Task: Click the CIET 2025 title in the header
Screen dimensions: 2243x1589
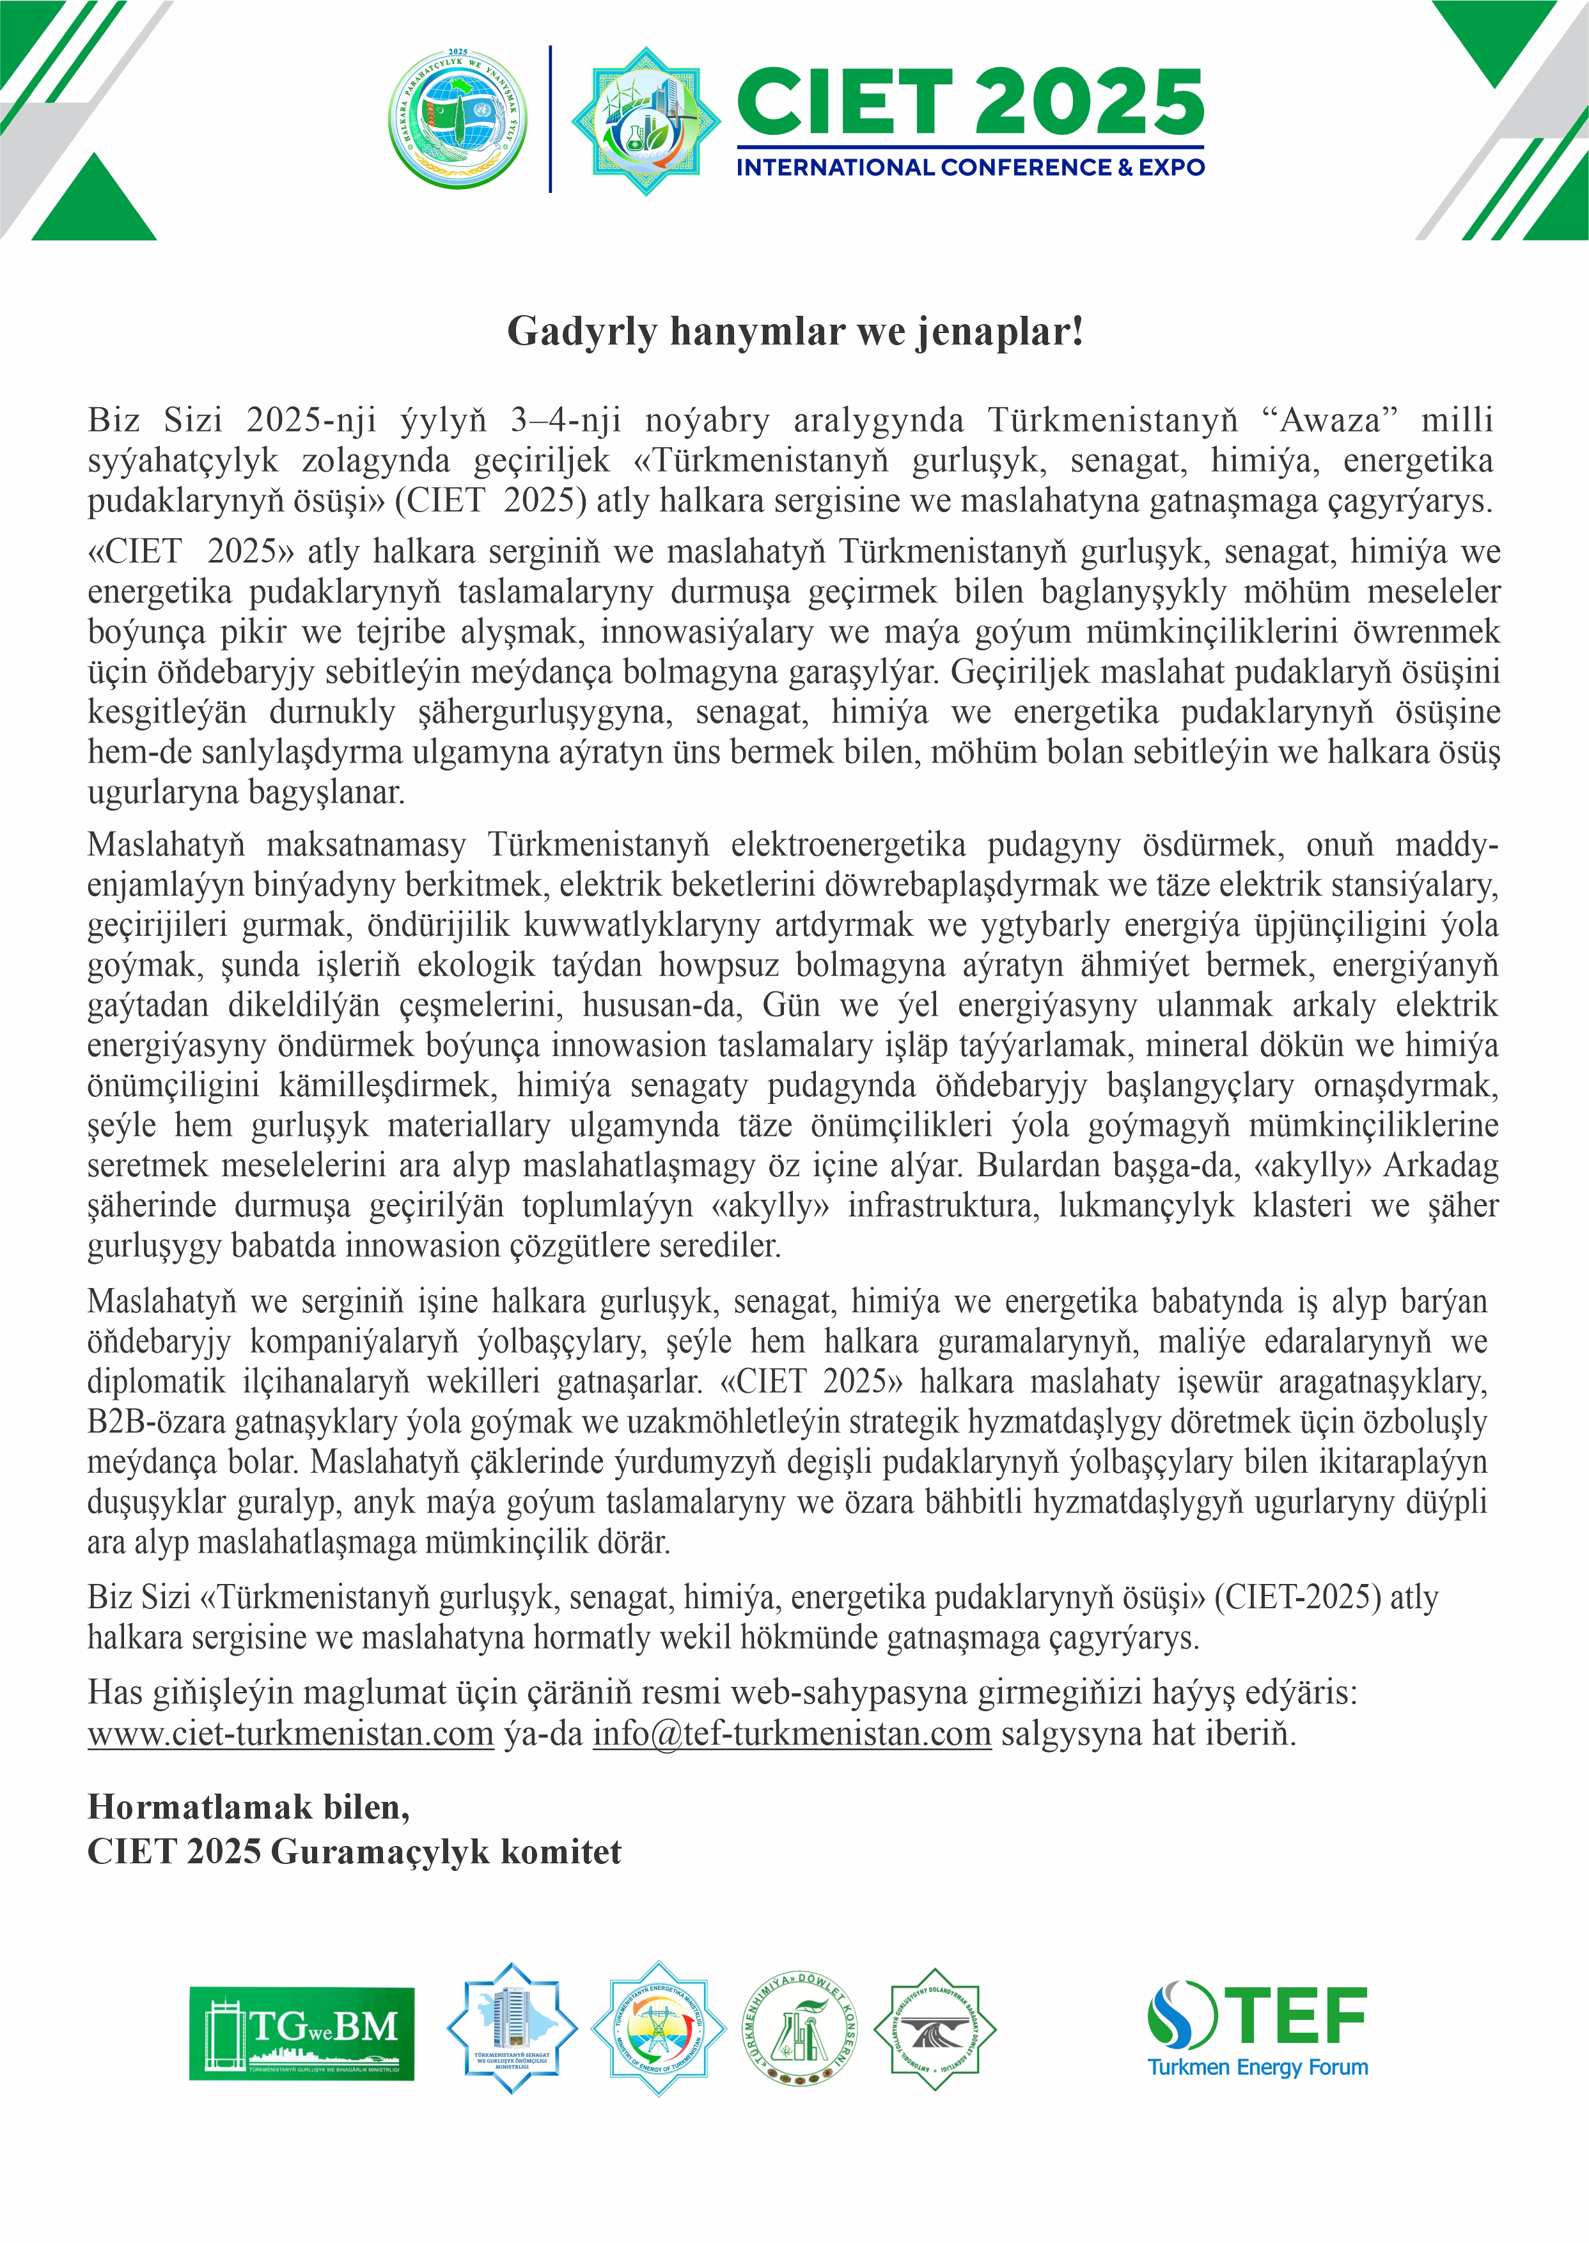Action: pyautogui.click(x=969, y=103)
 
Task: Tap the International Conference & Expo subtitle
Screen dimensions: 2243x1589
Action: pyautogui.click(x=969, y=167)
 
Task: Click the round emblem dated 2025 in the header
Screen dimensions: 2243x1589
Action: pyautogui.click(x=457, y=118)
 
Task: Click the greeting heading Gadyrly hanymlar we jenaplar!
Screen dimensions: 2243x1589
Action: pyautogui.click(x=794, y=332)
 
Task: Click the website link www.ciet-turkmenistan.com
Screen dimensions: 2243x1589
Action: pyautogui.click(x=290, y=1734)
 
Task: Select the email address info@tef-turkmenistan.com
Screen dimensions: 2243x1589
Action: pyautogui.click(x=792, y=1734)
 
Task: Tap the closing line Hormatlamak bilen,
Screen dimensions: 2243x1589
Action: pyautogui.click(x=249, y=1806)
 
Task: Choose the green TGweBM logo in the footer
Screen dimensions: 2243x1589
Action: pyautogui.click(x=301, y=2034)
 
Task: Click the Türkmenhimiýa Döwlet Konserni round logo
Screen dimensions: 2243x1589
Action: pyautogui.click(x=799, y=2028)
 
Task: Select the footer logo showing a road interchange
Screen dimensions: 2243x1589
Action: pyautogui.click(x=934, y=2028)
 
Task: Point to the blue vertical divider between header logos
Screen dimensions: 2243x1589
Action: pyautogui.click(x=550, y=118)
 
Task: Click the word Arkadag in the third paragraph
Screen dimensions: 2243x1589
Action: pyautogui.click(x=1439, y=1166)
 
